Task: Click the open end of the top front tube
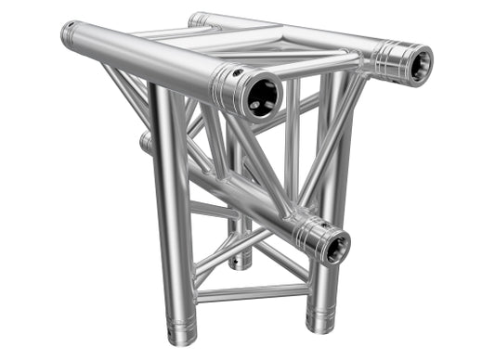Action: click(263, 96)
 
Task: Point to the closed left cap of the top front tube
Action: click(68, 35)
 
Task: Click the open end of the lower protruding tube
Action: click(332, 246)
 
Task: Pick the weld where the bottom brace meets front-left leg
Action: click(192, 297)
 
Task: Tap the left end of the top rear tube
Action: click(197, 19)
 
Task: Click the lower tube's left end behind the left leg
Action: click(146, 143)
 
